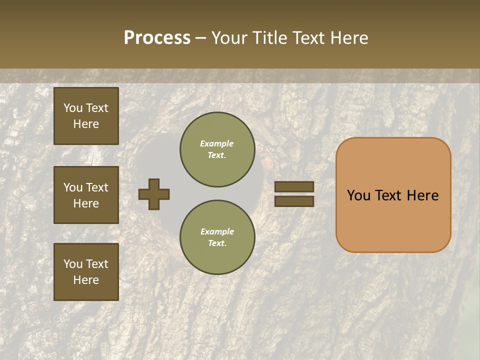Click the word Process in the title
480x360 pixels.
(157, 38)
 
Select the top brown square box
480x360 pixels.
(86, 116)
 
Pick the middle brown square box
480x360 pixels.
(86, 195)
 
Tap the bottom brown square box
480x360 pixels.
(86, 271)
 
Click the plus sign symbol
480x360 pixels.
(154, 194)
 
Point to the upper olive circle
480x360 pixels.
(217, 149)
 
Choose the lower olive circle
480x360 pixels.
(217, 237)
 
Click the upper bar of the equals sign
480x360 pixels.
(294, 187)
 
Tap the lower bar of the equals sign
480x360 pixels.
(294, 201)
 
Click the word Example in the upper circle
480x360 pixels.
(217, 143)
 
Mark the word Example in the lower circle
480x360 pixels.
(217, 231)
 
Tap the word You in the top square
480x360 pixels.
(72, 108)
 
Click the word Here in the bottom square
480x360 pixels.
(86, 280)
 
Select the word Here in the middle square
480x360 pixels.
(86, 203)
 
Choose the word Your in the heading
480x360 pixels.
(229, 38)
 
